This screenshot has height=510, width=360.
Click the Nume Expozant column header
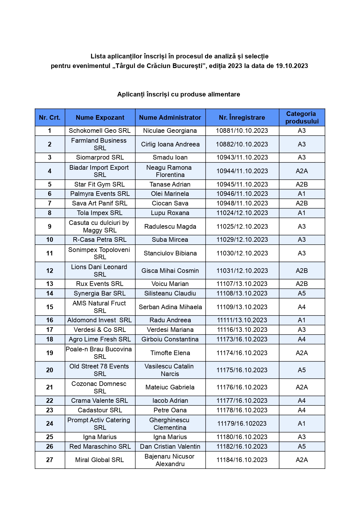pos(100,117)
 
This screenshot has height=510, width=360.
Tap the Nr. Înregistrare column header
pos(242,117)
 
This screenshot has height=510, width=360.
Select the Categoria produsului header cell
pos(302,117)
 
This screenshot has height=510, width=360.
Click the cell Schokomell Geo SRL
pos(100,130)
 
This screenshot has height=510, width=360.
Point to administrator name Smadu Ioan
pos(170,157)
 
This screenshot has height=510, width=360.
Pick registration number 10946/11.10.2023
pos(242,194)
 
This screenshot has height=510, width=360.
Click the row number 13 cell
pos(50,284)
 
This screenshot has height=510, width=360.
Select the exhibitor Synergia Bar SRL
pos(100,293)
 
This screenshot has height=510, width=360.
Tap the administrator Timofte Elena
pos(170,353)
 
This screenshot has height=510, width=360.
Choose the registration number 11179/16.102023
pos(242,423)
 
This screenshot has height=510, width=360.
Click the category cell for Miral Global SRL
pos(302,460)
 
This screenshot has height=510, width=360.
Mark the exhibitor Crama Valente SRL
pos(100,400)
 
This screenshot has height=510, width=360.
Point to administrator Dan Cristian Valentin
pos(170,446)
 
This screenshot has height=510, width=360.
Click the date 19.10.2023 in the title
pos(292,66)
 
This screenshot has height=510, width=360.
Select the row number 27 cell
pos(50,460)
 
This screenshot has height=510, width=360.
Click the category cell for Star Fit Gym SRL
pos(302,184)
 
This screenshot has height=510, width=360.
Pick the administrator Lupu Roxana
pos(170,213)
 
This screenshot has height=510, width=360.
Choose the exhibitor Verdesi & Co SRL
pos(100,330)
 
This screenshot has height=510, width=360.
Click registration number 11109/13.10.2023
pos(242,307)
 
